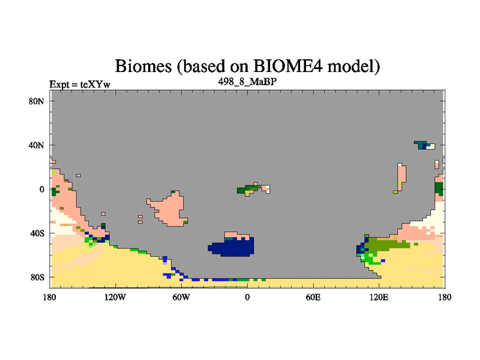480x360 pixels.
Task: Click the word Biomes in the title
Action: tap(143, 66)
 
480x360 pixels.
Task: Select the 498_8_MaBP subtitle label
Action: tap(247, 82)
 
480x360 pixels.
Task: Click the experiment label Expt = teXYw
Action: tap(80, 84)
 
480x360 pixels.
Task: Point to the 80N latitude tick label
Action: tap(37, 101)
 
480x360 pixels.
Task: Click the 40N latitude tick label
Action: tap(37, 145)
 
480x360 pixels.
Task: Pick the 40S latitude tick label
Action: tap(37, 233)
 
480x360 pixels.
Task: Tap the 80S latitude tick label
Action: tap(37, 277)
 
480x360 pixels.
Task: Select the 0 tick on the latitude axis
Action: tap(42, 189)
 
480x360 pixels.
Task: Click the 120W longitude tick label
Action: tap(115, 297)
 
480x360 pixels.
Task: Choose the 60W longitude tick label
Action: tap(181, 297)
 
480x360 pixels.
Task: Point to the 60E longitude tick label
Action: tap(313, 297)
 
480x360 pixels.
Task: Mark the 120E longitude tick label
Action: tap(379, 297)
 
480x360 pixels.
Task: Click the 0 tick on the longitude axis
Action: tap(247, 297)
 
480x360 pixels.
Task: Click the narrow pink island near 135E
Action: tap(401, 177)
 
